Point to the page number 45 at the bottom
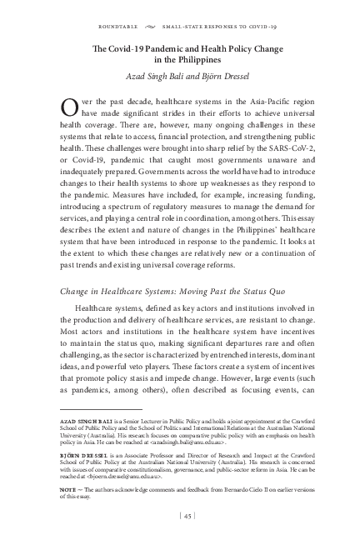click(187, 518)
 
